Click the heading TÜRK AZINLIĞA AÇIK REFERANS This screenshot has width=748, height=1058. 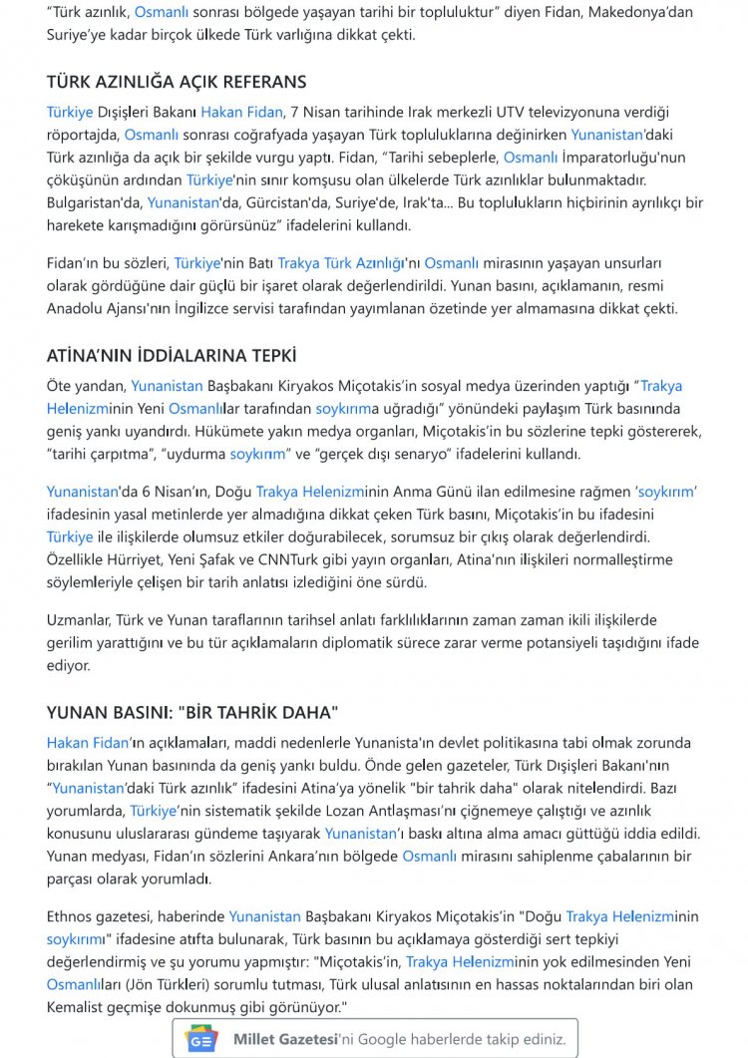(x=177, y=82)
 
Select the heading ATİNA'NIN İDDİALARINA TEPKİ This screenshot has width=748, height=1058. (x=172, y=355)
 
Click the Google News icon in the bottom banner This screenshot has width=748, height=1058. (x=202, y=1039)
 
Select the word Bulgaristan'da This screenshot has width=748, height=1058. (x=95, y=202)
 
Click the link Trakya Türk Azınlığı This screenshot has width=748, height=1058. (x=341, y=263)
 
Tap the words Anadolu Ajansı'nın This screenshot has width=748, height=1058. (x=110, y=308)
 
